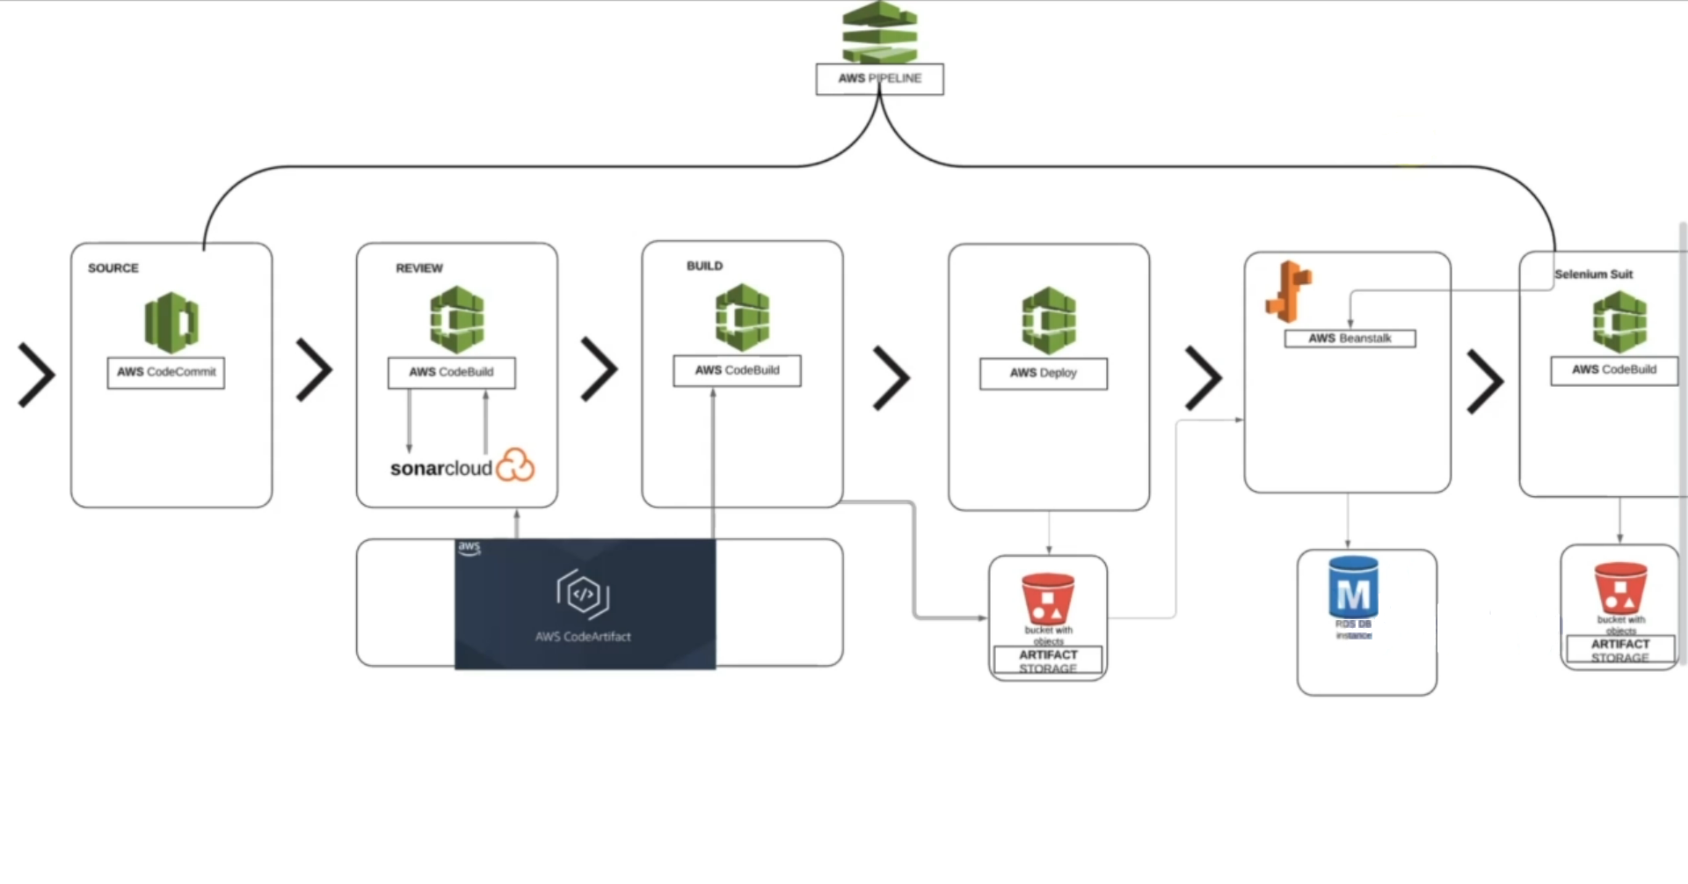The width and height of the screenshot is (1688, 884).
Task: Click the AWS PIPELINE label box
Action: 879,78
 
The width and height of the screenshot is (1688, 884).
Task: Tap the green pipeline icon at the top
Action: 879,33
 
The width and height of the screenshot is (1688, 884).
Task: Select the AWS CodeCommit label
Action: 166,372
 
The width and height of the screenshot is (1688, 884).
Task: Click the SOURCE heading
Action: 113,268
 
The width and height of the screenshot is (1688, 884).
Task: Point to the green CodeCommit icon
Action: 171,322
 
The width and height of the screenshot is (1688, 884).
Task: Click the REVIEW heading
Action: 419,268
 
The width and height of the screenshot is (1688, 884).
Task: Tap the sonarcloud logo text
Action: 441,468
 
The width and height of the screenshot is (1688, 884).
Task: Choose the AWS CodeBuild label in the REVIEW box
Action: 451,372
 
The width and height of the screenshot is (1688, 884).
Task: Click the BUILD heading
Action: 704,266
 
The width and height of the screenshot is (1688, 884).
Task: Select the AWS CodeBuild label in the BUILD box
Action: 737,370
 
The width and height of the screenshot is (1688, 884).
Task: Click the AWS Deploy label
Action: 1044,373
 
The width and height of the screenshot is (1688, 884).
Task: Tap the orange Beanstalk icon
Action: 1288,291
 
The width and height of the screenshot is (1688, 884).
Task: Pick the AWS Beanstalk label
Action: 1350,339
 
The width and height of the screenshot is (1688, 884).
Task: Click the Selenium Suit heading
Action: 1593,274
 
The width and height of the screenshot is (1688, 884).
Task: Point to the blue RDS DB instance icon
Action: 1353,588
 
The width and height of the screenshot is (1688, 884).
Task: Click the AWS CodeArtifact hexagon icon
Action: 583,595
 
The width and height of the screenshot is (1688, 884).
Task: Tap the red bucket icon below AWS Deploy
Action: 1048,598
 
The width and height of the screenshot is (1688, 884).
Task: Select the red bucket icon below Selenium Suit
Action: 1620,588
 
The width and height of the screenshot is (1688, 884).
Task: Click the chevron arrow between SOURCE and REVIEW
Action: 314,369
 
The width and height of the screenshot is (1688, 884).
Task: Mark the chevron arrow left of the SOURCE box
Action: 37,375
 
